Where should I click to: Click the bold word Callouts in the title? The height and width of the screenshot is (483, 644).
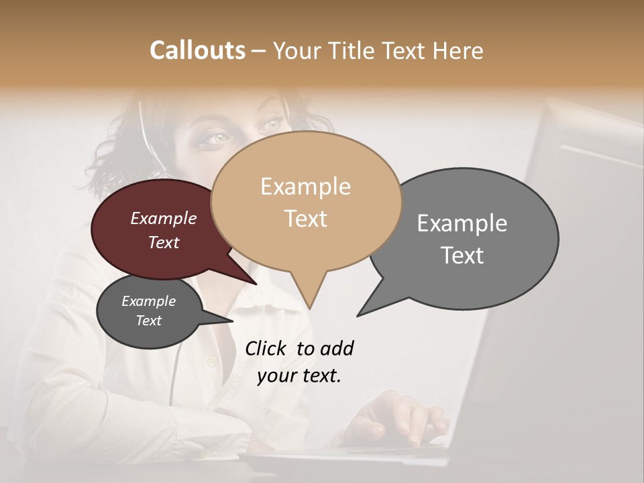point(197,50)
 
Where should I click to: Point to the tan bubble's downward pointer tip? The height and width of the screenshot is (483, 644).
point(309,308)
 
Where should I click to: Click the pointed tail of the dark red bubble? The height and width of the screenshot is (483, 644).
point(256,284)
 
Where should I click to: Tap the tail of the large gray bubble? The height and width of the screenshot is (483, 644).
point(359,315)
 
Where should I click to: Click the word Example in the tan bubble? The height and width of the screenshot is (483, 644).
point(305,186)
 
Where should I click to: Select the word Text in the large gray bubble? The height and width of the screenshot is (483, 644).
point(462,255)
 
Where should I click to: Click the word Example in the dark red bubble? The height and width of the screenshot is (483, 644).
point(163,219)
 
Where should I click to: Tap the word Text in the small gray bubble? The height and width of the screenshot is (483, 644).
point(149,321)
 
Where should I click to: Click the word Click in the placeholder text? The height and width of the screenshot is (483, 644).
point(266,349)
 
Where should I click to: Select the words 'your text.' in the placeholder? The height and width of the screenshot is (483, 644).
point(299,376)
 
